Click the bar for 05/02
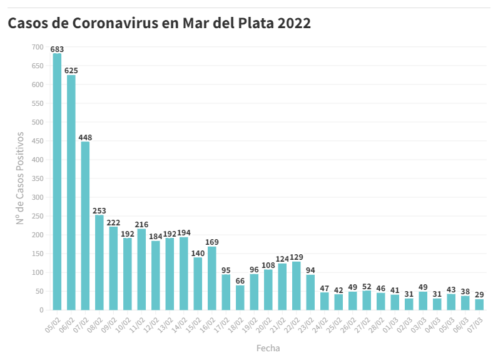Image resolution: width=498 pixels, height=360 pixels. pyautogui.click(x=57, y=182)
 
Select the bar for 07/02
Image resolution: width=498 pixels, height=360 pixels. pyautogui.click(x=85, y=225)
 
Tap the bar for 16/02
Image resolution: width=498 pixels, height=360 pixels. pyautogui.click(x=212, y=278)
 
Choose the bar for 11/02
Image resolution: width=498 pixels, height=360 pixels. pyautogui.click(x=141, y=269)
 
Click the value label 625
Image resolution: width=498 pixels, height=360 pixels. pyautogui.click(x=71, y=71)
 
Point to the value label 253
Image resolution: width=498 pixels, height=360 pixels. pyautogui.click(x=99, y=211)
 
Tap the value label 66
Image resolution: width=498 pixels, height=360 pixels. pyautogui.click(x=240, y=281)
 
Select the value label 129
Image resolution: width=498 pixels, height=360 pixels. pyautogui.click(x=297, y=257)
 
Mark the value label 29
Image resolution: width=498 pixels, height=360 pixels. pyautogui.click(x=479, y=295)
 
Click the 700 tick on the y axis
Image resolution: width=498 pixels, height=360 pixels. pyautogui.click(x=37, y=47)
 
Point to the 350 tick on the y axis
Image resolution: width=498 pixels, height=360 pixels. pyautogui.click(x=37, y=178)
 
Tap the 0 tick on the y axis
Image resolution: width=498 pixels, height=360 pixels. pyautogui.click(x=41, y=310)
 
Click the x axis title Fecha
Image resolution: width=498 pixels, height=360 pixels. pyautogui.click(x=268, y=347)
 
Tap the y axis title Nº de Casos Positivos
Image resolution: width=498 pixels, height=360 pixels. pyautogui.click(x=20, y=178)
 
